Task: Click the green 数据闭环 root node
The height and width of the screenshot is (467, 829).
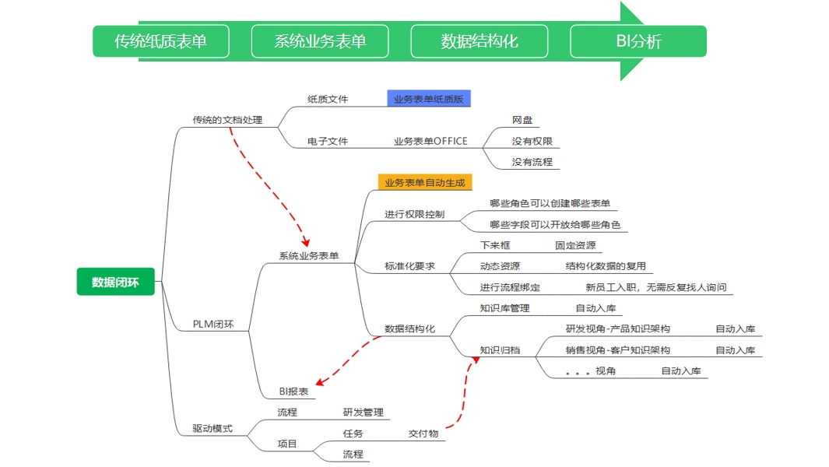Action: (x=115, y=282)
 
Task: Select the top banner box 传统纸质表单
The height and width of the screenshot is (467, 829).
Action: (x=161, y=41)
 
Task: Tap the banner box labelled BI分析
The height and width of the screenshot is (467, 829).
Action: (x=638, y=41)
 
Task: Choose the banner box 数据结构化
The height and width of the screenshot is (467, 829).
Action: (x=479, y=41)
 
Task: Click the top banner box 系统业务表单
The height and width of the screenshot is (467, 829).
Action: (x=320, y=41)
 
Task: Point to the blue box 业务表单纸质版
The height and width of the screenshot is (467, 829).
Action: (x=429, y=99)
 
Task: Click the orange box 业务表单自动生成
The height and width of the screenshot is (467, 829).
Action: (x=424, y=183)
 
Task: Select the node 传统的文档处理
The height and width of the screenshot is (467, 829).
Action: (x=227, y=121)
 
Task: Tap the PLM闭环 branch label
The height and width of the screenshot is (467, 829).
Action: (x=213, y=324)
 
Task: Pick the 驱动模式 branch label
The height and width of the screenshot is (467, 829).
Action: (x=213, y=428)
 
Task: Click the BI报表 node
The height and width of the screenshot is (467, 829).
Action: (x=293, y=392)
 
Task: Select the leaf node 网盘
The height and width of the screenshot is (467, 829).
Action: (x=522, y=121)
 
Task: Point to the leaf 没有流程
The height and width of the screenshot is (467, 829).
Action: (x=532, y=162)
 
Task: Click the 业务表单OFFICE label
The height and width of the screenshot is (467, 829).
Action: (x=430, y=142)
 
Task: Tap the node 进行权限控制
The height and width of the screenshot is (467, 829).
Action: (x=414, y=214)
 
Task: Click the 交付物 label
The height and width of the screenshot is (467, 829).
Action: (x=423, y=434)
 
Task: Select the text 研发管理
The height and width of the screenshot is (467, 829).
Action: (x=363, y=413)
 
